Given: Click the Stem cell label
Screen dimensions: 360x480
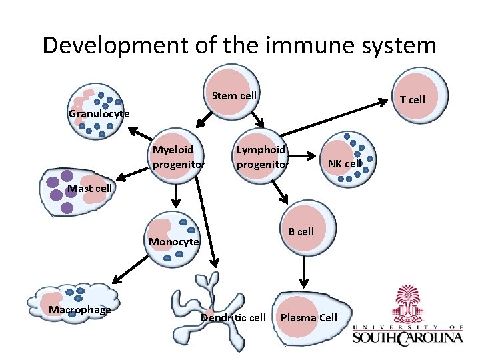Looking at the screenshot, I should tap(234, 95).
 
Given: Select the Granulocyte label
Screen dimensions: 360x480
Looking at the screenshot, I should tap(99, 114).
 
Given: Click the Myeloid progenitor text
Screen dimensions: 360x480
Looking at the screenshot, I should tap(179, 157).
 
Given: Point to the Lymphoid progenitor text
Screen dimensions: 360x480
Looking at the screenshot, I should tap(263, 157).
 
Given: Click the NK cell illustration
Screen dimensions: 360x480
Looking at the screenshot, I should tap(346, 157).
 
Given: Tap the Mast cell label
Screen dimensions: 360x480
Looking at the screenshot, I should tap(89, 188).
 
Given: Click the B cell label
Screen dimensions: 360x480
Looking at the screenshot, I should tap(301, 232).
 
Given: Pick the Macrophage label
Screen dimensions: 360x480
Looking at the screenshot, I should tap(80, 309).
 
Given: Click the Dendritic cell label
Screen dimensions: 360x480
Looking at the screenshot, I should tap(233, 317).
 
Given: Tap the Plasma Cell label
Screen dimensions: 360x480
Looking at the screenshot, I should tap(309, 317).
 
